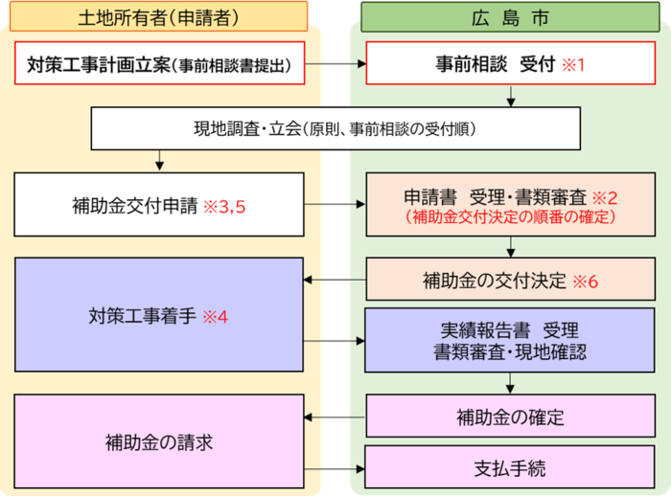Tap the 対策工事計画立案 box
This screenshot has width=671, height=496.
coord(160,65)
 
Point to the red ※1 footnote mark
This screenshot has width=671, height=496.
coord(572,66)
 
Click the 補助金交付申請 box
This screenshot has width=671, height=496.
coord(160,204)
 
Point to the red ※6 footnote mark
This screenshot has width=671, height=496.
coord(585,282)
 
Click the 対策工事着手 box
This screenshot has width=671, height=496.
coord(160,314)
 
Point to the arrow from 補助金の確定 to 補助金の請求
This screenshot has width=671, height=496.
coord(335,417)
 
